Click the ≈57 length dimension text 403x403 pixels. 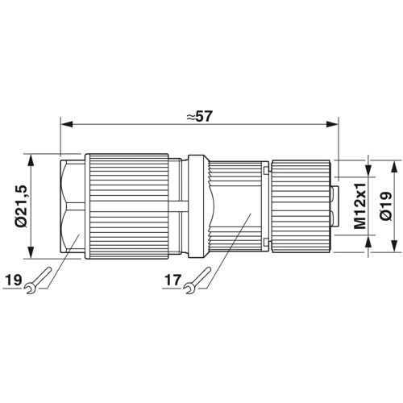(200, 116)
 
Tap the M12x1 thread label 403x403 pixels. (360, 206)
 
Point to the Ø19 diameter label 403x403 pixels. (386, 206)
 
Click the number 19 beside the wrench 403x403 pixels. (14, 280)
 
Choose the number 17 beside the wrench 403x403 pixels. (172, 280)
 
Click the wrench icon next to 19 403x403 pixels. (38, 280)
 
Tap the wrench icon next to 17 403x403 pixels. (197, 280)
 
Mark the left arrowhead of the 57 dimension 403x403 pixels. (67, 124)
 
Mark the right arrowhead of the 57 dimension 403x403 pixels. (332, 124)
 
